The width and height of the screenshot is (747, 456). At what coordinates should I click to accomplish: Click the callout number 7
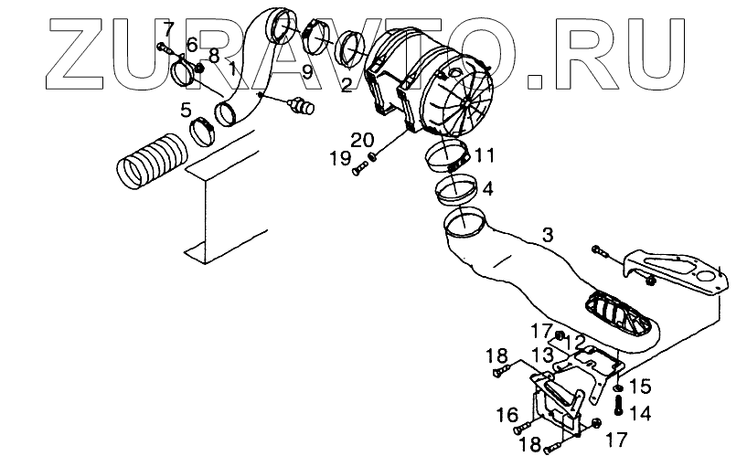pyautogui.click(x=166, y=30)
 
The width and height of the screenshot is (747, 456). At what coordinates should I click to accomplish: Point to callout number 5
pyautogui.click(x=186, y=111)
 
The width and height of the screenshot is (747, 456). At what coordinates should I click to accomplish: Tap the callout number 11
pyautogui.click(x=484, y=154)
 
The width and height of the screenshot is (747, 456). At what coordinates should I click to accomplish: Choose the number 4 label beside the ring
pyautogui.click(x=487, y=190)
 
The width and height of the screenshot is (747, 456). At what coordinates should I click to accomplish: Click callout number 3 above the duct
pyautogui.click(x=547, y=236)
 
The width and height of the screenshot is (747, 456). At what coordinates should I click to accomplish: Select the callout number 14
pyautogui.click(x=640, y=413)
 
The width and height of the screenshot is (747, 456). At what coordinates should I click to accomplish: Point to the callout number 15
pyautogui.click(x=639, y=386)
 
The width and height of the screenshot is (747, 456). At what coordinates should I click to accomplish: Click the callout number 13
pyautogui.click(x=542, y=354)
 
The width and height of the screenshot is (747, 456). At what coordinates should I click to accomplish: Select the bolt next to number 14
pyautogui.click(x=619, y=403)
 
